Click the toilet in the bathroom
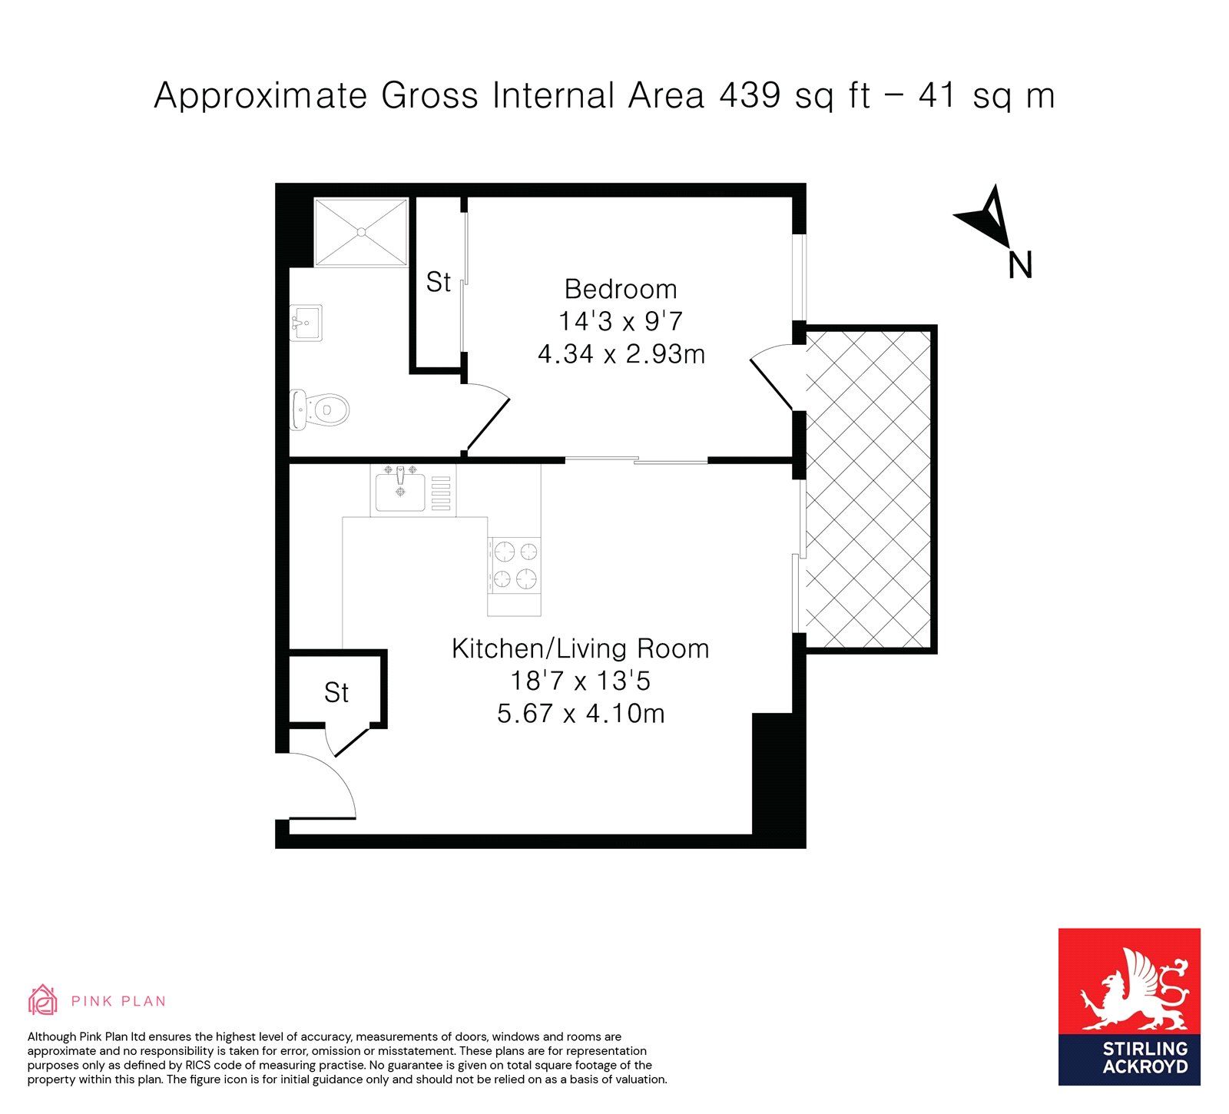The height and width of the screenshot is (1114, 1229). tap(320, 410)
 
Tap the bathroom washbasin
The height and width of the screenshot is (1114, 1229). tap(306, 323)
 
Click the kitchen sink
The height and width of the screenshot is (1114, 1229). tap(399, 490)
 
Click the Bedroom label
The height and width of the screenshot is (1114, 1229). tap(621, 289)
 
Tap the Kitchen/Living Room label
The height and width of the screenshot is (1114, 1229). tap(580, 648)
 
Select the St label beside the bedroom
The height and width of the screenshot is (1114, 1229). tap(439, 282)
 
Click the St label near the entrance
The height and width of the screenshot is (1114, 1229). tap(336, 692)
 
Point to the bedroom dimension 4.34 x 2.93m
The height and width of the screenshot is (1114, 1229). tap(621, 354)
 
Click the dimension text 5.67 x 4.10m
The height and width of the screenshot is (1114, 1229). tap(581, 713)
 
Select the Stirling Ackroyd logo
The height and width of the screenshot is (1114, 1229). tap(1129, 1006)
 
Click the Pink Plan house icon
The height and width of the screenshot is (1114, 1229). tap(43, 1000)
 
